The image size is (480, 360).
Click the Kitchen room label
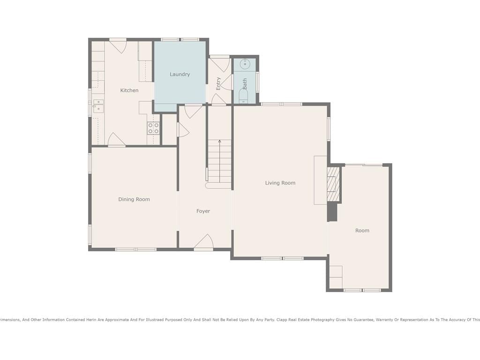129,90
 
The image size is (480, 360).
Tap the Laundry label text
180,75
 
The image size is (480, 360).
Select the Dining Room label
134,199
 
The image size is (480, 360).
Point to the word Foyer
203,211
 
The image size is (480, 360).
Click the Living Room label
280,183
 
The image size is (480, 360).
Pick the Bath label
245,84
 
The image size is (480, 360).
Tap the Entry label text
218,83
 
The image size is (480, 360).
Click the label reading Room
362,231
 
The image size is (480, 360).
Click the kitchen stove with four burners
153,128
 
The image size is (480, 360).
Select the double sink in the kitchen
98,106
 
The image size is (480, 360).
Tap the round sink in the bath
245,64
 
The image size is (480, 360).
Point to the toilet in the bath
244,97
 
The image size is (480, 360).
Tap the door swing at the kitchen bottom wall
116,139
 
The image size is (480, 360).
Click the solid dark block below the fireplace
332,211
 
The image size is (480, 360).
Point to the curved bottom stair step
218,186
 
